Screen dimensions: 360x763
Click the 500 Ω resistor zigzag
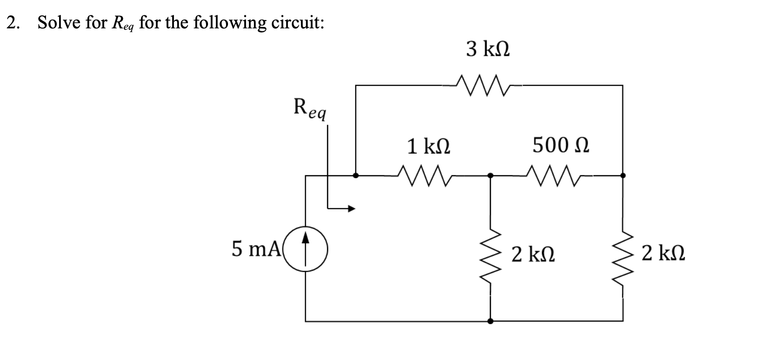point(556,176)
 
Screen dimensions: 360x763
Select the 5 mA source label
point(255,250)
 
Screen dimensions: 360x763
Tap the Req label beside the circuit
point(309,109)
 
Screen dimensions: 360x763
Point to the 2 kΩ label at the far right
point(663,254)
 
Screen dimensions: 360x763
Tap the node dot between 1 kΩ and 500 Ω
point(490,176)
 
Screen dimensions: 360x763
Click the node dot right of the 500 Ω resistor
point(623,176)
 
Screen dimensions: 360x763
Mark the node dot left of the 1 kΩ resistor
point(356,176)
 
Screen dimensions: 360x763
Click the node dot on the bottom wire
point(490,321)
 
